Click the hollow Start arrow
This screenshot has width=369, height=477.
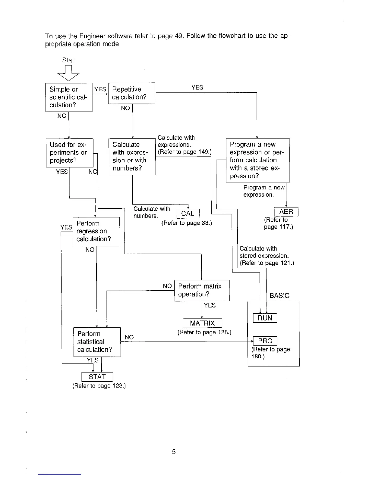tap(69, 73)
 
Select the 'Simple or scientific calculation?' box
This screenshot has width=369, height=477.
tap(69, 97)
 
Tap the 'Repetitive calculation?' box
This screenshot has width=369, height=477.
tap(131, 93)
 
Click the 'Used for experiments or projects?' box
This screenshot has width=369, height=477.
tap(69, 152)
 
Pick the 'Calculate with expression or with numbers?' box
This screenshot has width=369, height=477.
tap(132, 157)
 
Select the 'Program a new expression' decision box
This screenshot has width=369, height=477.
tap(257, 160)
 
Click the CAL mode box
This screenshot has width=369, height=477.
tap(188, 214)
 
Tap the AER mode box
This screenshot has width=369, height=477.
tap(286, 212)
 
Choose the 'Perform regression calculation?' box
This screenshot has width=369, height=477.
tap(96, 231)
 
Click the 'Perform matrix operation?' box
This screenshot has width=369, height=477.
tap(202, 290)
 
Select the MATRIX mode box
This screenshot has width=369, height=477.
tap(202, 323)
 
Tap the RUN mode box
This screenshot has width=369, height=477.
tap(265, 318)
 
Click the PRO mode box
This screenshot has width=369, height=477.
tap(265, 341)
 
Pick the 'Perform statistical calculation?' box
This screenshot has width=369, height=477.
tap(97, 342)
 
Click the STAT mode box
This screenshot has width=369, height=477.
tap(97, 377)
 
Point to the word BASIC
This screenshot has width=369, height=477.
tap(279, 296)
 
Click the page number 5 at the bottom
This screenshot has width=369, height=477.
tap(174, 452)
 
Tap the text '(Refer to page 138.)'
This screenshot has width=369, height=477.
tap(204, 332)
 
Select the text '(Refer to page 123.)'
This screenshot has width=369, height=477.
tap(99, 386)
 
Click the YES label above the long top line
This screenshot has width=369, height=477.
tap(197, 87)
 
